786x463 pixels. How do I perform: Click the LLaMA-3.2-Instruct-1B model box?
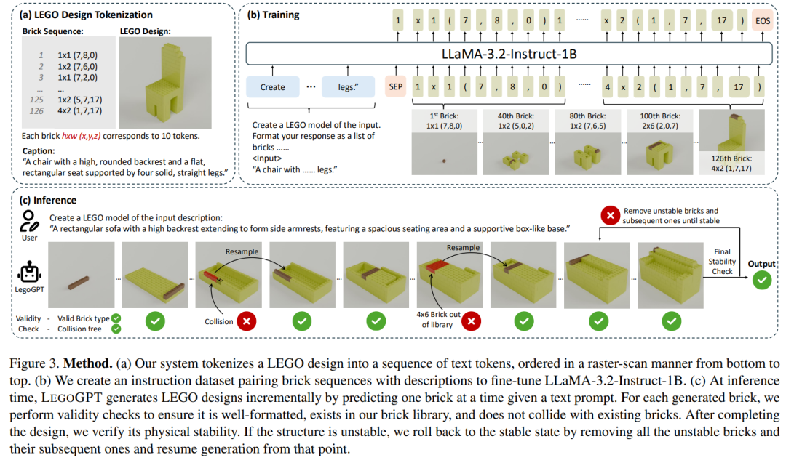pyautogui.click(x=509, y=54)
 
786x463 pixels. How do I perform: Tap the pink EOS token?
pyautogui.click(x=763, y=20)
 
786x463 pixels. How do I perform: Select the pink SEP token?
pyautogui.click(x=395, y=86)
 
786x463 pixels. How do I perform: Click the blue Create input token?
pyautogui.click(x=272, y=87)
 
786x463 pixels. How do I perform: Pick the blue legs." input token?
pyautogui.click(x=348, y=87)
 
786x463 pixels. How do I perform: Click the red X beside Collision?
pyautogui.click(x=247, y=321)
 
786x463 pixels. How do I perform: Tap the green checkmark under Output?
pyautogui.click(x=762, y=280)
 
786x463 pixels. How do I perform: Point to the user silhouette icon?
pyautogui.click(x=28, y=222)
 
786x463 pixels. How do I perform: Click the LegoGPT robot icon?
pyautogui.click(x=30, y=273)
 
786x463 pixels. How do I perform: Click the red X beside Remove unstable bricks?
pyautogui.click(x=610, y=216)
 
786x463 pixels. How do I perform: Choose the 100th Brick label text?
pyautogui.click(x=659, y=116)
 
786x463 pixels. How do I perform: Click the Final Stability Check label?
pyautogui.click(x=722, y=261)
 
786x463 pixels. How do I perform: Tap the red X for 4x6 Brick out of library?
pyautogui.click(x=471, y=321)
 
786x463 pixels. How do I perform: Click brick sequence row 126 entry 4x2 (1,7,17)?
pyautogui.click(x=80, y=110)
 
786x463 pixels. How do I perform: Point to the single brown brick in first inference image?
pyautogui.click(x=79, y=283)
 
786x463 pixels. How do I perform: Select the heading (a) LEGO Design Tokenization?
pyautogui.click(x=86, y=15)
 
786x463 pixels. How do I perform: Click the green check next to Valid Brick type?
pyautogui.click(x=116, y=318)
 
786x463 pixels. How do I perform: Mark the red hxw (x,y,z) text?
pyautogui.click(x=82, y=136)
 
